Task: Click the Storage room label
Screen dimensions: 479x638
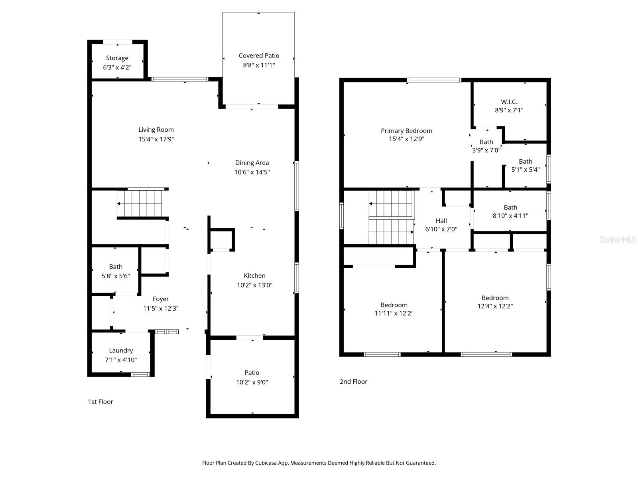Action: click(x=117, y=58)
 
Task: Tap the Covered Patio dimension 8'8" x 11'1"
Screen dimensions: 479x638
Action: click(x=259, y=65)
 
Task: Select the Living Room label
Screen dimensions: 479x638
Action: click(x=156, y=130)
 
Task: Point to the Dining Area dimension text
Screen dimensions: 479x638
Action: click(x=252, y=172)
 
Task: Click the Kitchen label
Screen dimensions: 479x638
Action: click(x=254, y=276)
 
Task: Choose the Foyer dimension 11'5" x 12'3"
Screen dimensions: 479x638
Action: click(x=161, y=309)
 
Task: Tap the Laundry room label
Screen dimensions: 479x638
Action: click(x=121, y=350)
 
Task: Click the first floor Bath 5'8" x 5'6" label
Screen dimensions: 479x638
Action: click(x=116, y=267)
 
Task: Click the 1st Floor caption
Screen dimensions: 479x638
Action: click(x=100, y=402)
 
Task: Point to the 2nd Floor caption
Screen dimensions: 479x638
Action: click(x=353, y=382)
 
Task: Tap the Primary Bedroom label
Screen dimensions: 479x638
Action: click(x=406, y=131)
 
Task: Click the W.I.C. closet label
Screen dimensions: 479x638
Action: click(x=509, y=102)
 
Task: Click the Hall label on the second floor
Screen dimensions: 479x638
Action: click(x=441, y=221)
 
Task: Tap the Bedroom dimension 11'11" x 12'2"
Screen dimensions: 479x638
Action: click(x=394, y=313)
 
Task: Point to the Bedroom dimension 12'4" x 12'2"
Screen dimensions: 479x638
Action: click(x=495, y=306)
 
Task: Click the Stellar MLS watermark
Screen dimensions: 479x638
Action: click(x=618, y=240)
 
